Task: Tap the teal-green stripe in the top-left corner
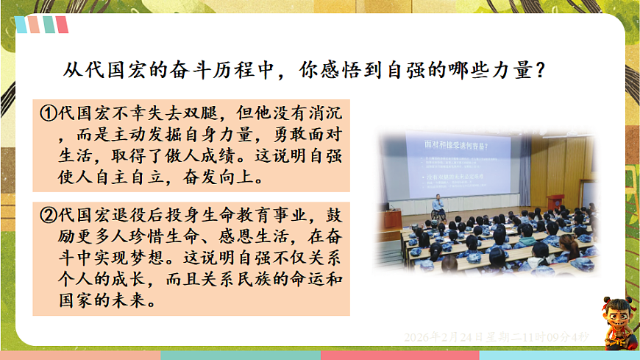[49, 25]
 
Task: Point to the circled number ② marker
[47, 215]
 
